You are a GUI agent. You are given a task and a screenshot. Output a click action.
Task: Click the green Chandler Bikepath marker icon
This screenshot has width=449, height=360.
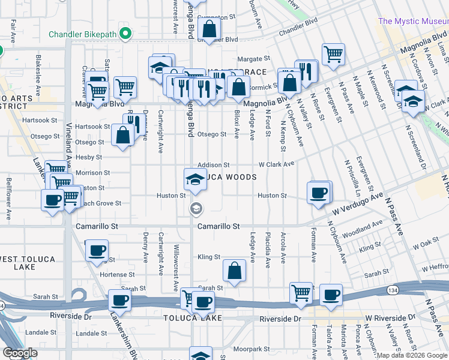pyautogui.click(x=125, y=33)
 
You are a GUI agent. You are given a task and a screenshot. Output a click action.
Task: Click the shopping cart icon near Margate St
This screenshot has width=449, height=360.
pyautogui.click(x=333, y=54)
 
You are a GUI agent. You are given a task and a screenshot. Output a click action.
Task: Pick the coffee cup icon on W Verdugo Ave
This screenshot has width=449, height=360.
pyautogui.click(x=318, y=193)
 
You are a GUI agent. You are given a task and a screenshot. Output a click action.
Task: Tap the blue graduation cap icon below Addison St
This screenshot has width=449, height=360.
pyautogui.click(x=194, y=179)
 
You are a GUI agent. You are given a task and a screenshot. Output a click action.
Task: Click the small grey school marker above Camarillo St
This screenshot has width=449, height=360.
pyautogui.click(x=196, y=209)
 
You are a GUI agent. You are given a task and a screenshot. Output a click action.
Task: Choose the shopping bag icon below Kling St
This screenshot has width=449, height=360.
pyautogui.click(x=234, y=271)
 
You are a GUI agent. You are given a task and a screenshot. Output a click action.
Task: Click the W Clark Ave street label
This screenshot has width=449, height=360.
pyautogui.click(x=276, y=164)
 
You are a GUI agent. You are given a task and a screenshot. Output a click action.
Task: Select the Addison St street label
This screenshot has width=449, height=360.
pyautogui.click(x=214, y=164)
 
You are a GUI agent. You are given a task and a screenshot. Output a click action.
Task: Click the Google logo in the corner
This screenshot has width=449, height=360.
pyautogui.click(x=20, y=353)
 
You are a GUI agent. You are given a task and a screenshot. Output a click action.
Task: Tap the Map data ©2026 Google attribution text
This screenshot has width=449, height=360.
pyautogui.click(x=411, y=355)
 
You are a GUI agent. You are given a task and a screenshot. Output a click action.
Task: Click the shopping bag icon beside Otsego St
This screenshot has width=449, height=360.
pyautogui.click(x=122, y=135)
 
